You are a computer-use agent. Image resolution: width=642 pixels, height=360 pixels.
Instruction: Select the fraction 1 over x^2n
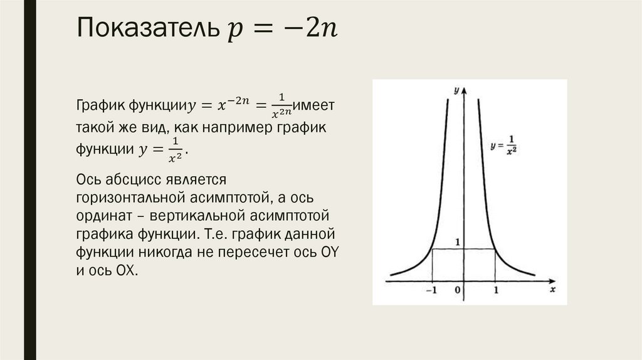point(282,105)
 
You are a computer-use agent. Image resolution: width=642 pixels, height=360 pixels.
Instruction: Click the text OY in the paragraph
point(327,253)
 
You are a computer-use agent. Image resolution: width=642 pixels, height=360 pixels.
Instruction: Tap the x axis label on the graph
point(552,290)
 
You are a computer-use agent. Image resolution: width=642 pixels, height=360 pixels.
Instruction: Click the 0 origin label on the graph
point(458,291)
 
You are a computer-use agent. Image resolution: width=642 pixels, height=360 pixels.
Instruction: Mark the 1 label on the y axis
point(458,242)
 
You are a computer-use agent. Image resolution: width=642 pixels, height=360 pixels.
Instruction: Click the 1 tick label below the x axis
point(495,291)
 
